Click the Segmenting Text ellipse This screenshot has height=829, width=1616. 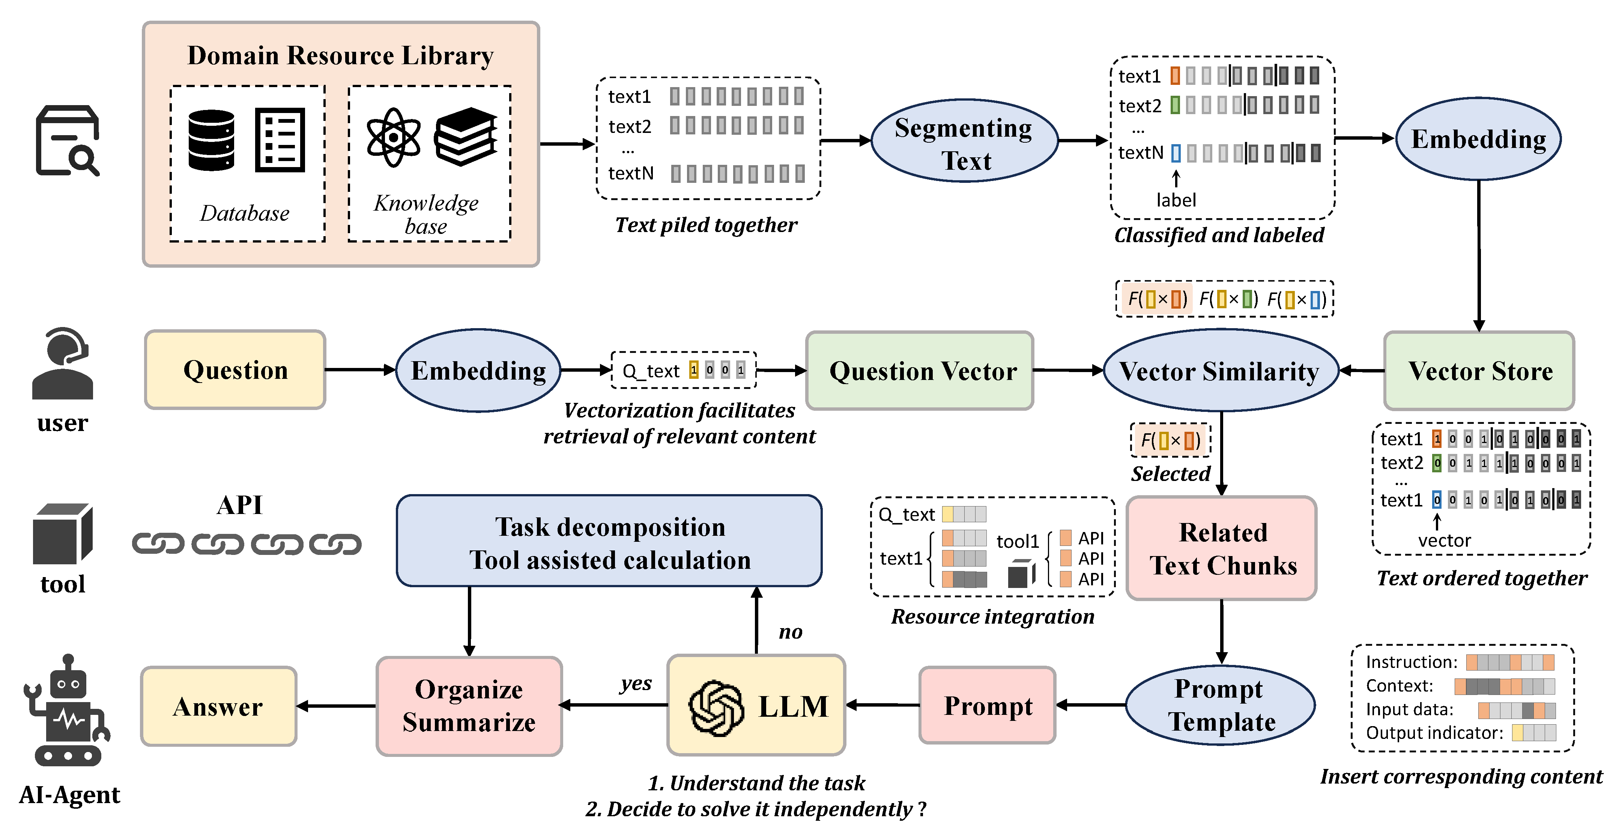click(964, 142)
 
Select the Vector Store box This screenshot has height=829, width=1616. click(1479, 371)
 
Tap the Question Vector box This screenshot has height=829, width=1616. click(920, 371)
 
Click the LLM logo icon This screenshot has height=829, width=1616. click(716, 707)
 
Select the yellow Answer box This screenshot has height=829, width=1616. click(218, 707)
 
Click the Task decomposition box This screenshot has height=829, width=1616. click(609, 541)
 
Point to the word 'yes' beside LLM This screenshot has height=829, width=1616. click(636, 683)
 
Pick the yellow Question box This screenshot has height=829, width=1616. click(235, 370)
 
